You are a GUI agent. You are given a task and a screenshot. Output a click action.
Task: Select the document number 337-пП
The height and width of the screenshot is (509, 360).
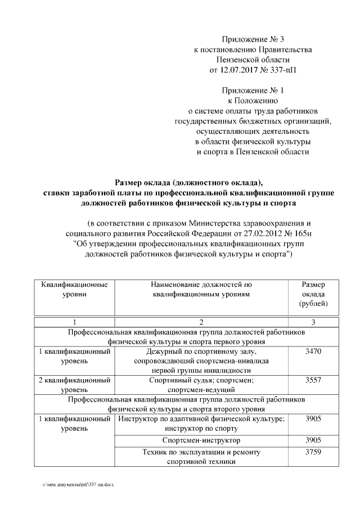283,70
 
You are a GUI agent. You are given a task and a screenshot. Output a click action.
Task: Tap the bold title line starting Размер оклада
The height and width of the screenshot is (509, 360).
188,182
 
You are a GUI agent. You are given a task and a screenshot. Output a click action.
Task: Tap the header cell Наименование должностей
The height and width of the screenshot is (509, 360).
201,289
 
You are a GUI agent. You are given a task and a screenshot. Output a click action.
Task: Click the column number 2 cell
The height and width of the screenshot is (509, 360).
201,322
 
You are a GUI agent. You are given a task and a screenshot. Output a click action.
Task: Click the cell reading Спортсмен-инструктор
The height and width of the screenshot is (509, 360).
201,439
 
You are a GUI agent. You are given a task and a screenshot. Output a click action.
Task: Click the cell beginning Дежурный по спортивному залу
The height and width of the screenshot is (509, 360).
201,361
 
